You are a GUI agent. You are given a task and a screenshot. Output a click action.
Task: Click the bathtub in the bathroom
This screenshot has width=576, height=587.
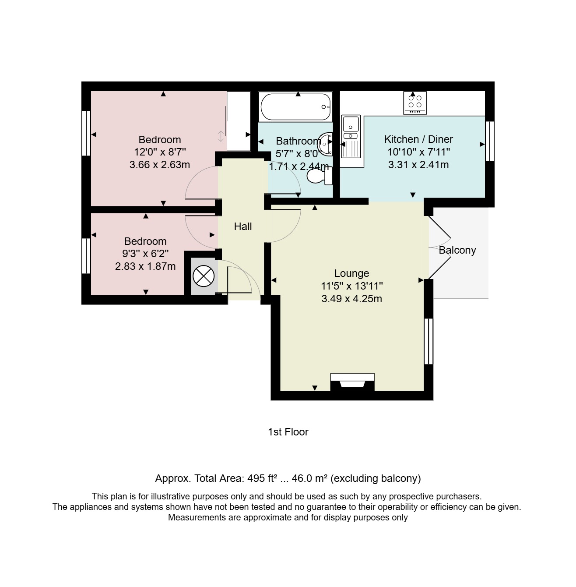pos(295,106)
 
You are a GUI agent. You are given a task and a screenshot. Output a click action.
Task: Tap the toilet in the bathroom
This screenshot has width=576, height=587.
pos(320,176)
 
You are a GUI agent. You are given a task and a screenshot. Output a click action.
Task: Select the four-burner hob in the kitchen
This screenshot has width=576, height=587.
pos(414,103)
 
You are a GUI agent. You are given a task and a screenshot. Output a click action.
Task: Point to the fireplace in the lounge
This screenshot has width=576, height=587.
pos(352,382)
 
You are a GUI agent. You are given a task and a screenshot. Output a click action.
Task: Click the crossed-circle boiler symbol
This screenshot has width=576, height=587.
pos(204,276)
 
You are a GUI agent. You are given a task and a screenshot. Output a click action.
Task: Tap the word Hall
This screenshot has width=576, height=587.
pos(242,226)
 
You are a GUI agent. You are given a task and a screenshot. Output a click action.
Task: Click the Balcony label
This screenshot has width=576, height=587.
pos(457,250)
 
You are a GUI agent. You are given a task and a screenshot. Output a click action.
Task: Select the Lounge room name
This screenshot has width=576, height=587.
pos(351,273)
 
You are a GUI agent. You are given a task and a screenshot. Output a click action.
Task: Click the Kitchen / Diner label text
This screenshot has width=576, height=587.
pos(418,139)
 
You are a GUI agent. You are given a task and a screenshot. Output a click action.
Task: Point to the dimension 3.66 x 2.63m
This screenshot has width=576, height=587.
pos(159,165)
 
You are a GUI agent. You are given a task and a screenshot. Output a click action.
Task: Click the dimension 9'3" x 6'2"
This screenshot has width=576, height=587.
pos(145,254)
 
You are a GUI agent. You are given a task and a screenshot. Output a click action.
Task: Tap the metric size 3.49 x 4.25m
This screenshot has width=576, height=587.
pos(351,299)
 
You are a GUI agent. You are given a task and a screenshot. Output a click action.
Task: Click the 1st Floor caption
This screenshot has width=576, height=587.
pos(288,432)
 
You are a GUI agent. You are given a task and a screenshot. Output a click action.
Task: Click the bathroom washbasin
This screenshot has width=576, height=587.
pos(325,144)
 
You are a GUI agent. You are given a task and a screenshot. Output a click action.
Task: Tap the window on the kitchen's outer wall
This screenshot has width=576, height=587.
pos(489,141)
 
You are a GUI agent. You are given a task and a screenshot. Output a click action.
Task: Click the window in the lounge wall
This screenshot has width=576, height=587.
pos(428,341)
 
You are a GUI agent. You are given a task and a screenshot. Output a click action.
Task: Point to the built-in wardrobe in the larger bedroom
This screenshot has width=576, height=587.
pos(239,121)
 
